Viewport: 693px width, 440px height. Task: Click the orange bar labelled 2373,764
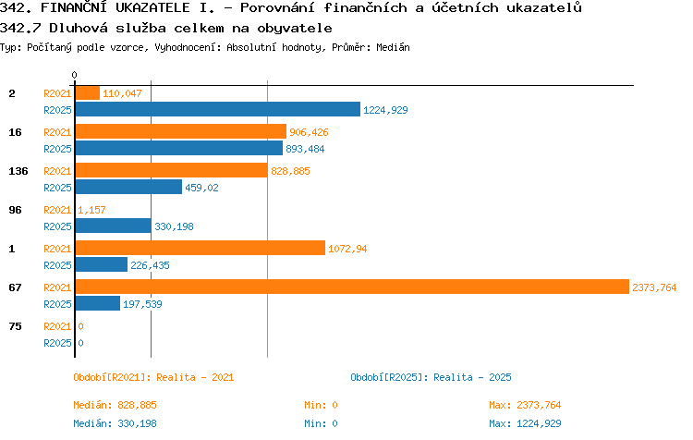[352, 287]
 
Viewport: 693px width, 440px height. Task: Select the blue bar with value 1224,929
[218, 109]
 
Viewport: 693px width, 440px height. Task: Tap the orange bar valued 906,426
[181, 131]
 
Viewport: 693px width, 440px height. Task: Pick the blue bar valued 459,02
[128, 187]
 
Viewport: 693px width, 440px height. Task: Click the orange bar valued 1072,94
[201, 248]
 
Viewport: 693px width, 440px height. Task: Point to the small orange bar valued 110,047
[88, 92]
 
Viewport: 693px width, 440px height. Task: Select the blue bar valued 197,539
[98, 303]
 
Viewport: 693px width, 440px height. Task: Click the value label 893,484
[305, 149]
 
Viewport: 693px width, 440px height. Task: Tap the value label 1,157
[91, 210]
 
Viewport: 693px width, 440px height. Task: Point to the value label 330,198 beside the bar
[174, 226]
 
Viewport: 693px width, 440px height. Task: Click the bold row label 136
[18, 171]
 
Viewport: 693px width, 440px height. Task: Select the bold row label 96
[15, 210]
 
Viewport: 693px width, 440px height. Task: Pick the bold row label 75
[15, 326]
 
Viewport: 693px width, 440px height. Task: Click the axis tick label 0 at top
[74, 75]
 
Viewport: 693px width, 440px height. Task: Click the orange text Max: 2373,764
[525, 405]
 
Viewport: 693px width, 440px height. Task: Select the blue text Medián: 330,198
[115, 423]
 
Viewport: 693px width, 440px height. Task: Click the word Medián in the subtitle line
[393, 47]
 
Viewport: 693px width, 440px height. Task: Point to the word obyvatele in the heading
[295, 29]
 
